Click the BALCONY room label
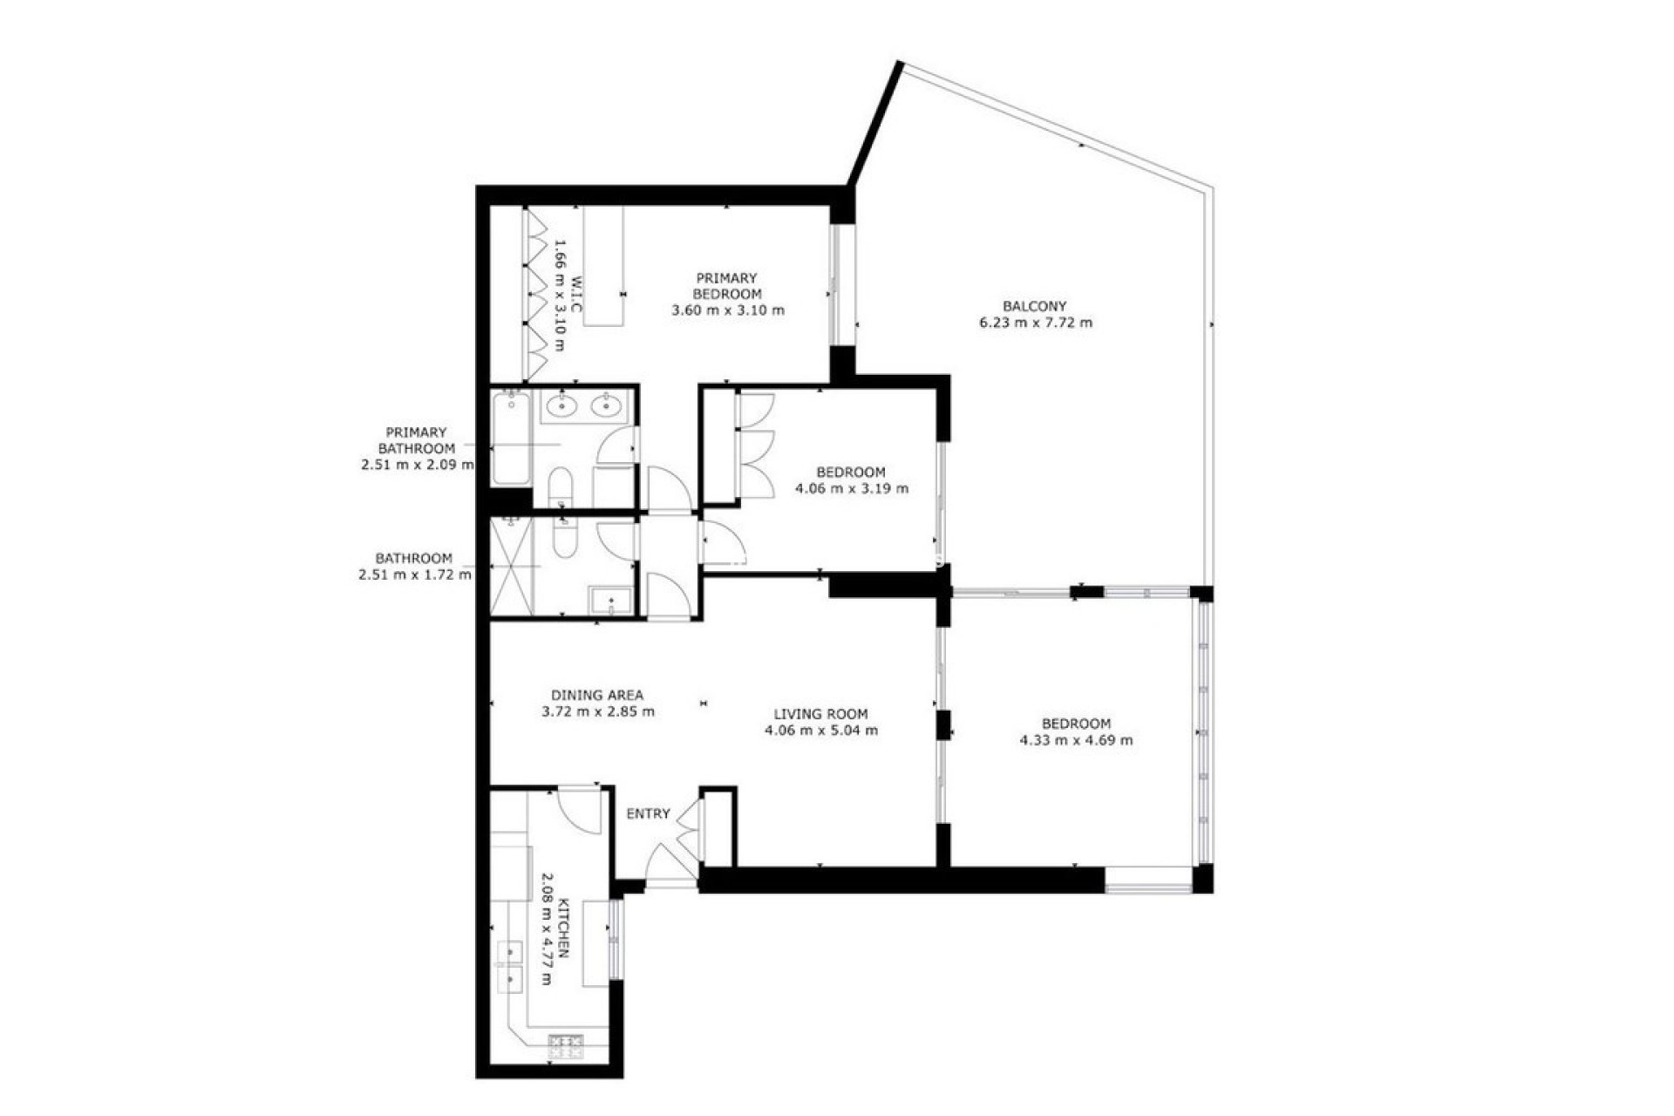click(1034, 306)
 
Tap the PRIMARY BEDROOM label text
click(727, 286)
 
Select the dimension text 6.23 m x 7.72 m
click(1034, 323)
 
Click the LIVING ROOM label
click(820, 714)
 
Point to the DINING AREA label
click(597, 695)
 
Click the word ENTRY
click(648, 813)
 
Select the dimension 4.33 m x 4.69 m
click(1076, 740)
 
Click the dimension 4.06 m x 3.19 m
click(851, 488)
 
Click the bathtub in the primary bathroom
click(510, 439)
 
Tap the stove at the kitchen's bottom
click(565, 1046)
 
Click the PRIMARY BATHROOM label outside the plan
click(416, 448)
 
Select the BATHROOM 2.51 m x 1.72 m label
click(414, 566)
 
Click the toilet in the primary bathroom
click(560, 487)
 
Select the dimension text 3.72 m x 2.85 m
click(597, 711)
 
